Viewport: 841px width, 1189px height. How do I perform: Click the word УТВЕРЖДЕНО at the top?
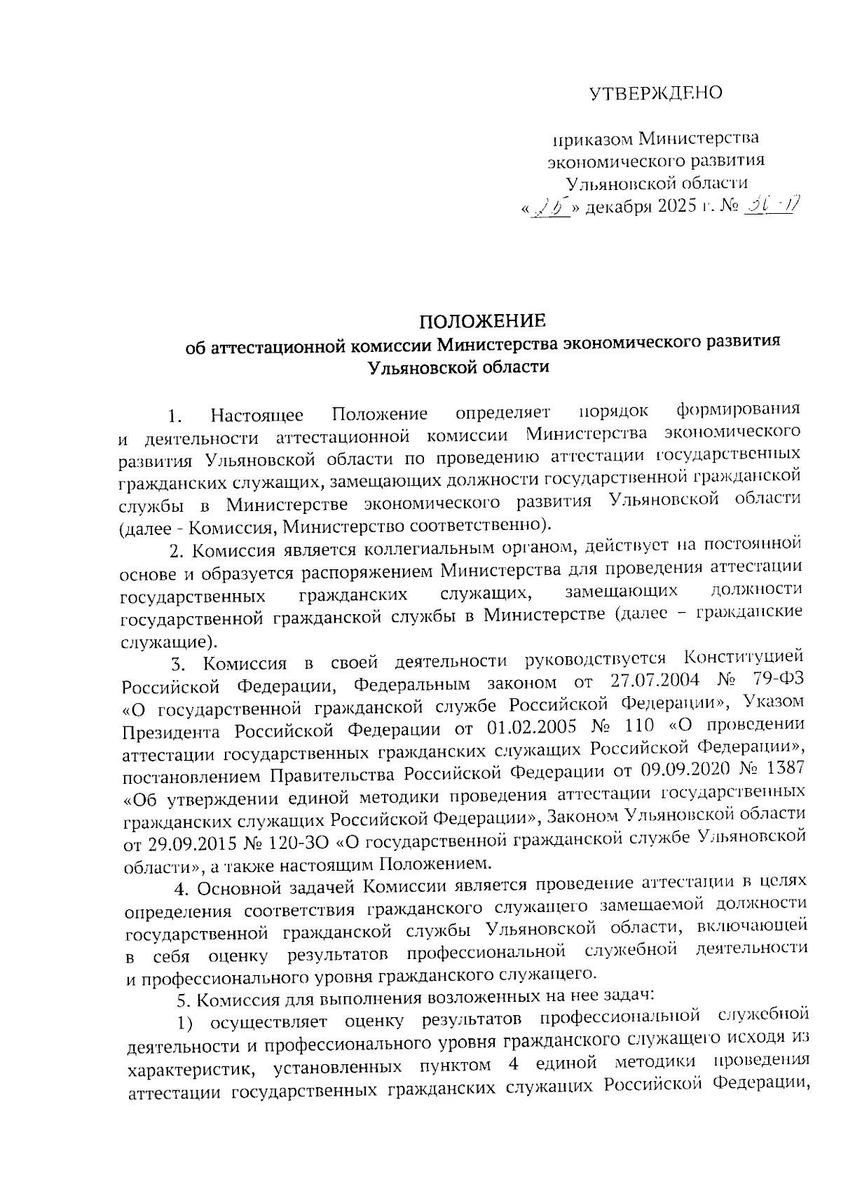655,93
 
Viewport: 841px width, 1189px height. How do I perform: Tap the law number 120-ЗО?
298,840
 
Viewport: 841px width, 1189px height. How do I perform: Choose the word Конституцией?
742,659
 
